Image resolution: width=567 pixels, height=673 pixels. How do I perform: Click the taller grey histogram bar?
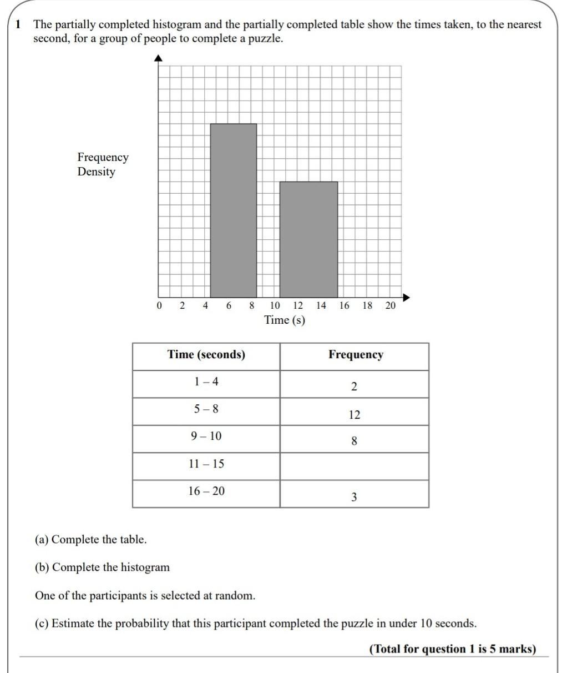(234, 210)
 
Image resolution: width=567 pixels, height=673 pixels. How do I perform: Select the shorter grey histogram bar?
(308, 239)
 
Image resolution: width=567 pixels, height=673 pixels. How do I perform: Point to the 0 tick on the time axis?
(159, 306)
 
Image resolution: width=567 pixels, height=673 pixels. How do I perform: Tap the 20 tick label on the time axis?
(391, 306)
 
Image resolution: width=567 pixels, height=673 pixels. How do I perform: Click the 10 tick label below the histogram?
(275, 306)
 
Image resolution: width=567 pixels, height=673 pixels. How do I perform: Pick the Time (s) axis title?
(285, 320)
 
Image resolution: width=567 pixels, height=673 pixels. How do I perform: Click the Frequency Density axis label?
(103, 164)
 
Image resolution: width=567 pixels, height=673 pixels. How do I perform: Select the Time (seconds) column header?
(206, 355)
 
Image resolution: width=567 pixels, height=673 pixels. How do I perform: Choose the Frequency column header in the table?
(356, 355)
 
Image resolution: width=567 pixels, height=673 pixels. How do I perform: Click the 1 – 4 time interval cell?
(206, 382)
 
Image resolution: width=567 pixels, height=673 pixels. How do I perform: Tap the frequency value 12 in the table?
(355, 415)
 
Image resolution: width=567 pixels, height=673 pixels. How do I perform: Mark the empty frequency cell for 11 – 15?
(355, 466)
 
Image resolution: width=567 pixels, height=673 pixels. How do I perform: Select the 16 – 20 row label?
(206, 491)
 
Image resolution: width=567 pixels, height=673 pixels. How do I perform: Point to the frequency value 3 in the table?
(354, 497)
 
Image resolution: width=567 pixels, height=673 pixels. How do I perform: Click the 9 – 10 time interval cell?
(206, 436)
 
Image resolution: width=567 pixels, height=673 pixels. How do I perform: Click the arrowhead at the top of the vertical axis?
(159, 58)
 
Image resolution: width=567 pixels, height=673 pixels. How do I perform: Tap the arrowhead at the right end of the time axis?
(407, 297)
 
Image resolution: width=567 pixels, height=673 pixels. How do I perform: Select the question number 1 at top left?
(18, 24)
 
